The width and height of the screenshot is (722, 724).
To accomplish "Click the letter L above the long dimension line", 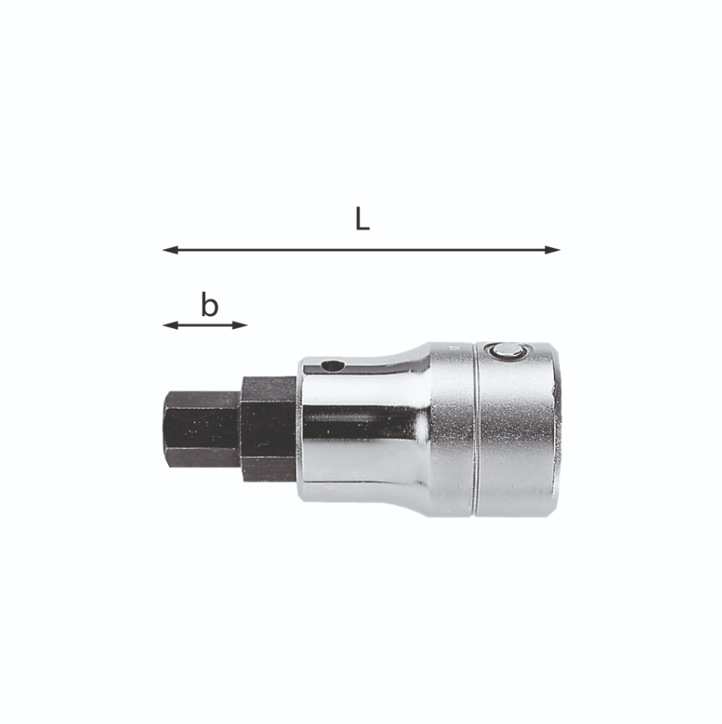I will (x=363, y=220).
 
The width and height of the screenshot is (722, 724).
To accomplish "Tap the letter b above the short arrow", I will (x=209, y=305).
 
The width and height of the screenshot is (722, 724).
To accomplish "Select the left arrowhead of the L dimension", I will (x=168, y=249).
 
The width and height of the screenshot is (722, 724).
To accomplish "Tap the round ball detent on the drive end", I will (x=507, y=350).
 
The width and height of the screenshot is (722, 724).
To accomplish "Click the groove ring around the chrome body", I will (x=475, y=430).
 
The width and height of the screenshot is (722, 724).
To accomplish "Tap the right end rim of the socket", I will (x=556, y=430).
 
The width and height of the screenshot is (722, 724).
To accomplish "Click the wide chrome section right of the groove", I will (x=515, y=434).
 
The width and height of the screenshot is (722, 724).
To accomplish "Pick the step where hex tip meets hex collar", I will (x=240, y=430).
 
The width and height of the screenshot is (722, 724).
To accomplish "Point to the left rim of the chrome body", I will (x=302, y=430).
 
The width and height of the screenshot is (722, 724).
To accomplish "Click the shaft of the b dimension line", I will (x=205, y=325).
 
